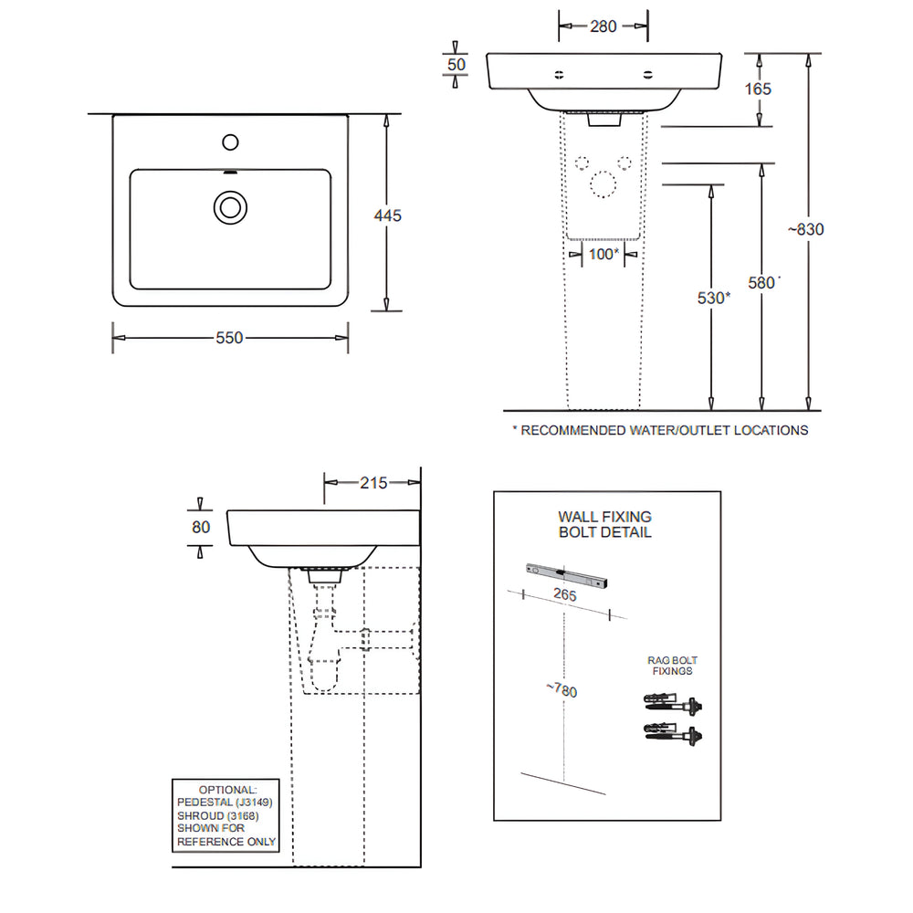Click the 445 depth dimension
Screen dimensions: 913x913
pyautogui.click(x=388, y=215)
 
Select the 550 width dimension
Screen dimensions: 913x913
pyautogui.click(x=229, y=338)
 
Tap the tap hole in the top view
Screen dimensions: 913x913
pyautogui.click(x=230, y=142)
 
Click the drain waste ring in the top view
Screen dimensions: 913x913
pyautogui.click(x=230, y=206)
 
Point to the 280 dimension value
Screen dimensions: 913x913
pyautogui.click(x=603, y=26)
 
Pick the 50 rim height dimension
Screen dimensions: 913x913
pyautogui.click(x=456, y=65)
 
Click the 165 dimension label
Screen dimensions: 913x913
pyautogui.click(x=758, y=89)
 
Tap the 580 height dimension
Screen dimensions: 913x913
pyautogui.click(x=761, y=283)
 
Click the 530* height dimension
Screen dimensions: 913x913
pyautogui.click(x=712, y=298)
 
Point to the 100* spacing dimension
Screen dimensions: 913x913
pyautogui.click(x=603, y=254)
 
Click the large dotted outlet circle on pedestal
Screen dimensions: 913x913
pyautogui.click(x=603, y=184)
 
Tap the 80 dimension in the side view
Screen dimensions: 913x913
pyautogui.click(x=202, y=527)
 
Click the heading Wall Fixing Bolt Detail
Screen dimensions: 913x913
pyautogui.click(x=605, y=524)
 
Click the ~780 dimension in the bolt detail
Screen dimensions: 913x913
pyautogui.click(x=564, y=689)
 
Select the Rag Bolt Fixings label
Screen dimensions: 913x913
pyautogui.click(x=674, y=665)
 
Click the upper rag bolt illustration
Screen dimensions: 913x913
pyautogui.click(x=675, y=705)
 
